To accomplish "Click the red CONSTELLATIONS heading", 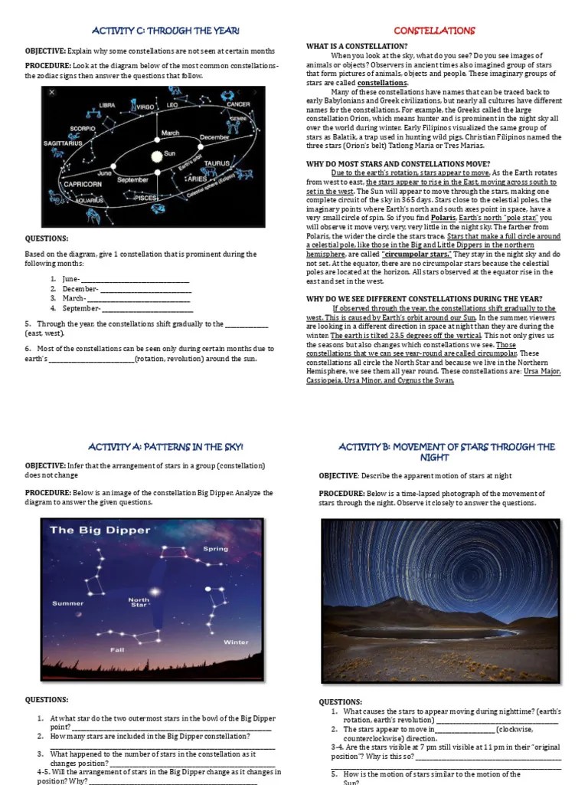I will pyautogui.click(x=434, y=31).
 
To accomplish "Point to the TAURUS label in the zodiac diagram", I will pyautogui.click(x=217, y=163).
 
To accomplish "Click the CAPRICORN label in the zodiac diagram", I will pyautogui.click(x=83, y=184).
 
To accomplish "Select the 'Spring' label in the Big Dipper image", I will pyautogui.click(x=215, y=549).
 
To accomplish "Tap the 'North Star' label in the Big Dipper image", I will pyautogui.click(x=139, y=603).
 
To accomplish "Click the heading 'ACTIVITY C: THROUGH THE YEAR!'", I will pyautogui.click(x=165, y=31).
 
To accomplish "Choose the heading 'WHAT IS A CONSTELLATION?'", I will pyautogui.click(x=357, y=47).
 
